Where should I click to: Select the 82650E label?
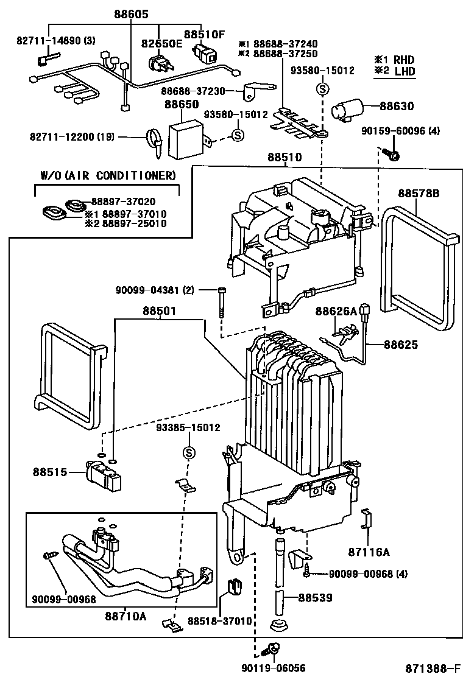[x=162, y=43]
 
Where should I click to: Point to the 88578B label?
[x=419, y=193]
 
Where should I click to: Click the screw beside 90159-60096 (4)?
[x=392, y=155]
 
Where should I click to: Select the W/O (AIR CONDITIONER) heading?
[x=108, y=175]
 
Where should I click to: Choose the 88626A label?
[x=336, y=311]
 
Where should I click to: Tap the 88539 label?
[x=316, y=597]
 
